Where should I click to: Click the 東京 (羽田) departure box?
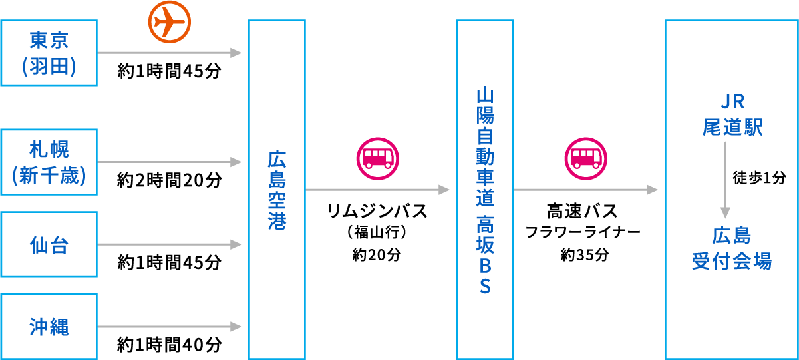49,53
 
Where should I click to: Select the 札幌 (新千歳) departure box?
49,162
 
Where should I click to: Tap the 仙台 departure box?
49,245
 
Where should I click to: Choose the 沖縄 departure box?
49,327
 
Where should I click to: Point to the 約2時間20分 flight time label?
169,180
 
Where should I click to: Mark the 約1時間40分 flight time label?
169,345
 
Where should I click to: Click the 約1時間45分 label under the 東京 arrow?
169,71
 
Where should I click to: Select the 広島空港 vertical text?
277,190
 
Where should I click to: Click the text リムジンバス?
377,212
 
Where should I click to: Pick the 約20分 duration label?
377,254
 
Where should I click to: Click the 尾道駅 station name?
732,126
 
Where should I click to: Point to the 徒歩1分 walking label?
759,178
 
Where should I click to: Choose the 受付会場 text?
732,261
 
